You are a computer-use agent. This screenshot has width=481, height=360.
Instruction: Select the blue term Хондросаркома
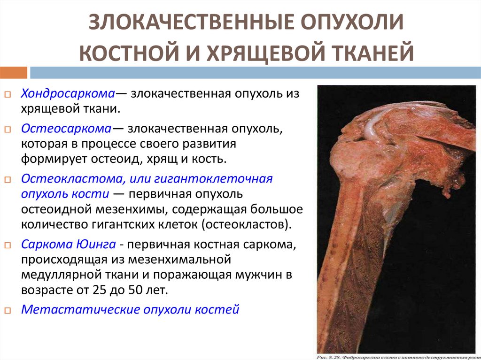point(68,93)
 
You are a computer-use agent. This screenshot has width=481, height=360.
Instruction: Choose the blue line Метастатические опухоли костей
point(131,310)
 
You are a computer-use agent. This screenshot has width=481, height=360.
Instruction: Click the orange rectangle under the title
point(14,73)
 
